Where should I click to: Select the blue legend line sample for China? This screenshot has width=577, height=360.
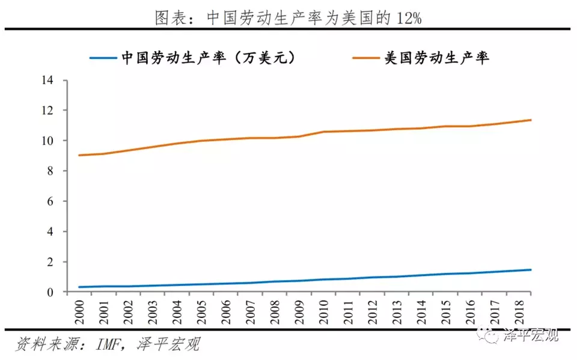coord(103,58)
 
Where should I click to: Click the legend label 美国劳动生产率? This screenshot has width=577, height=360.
coord(437,58)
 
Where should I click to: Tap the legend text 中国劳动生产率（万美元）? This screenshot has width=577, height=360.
coord(206,58)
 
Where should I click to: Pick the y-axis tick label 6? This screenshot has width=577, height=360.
coord(50,201)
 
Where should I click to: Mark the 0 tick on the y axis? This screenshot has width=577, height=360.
coord(50,292)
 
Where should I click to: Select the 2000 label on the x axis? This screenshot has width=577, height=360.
coord(79,310)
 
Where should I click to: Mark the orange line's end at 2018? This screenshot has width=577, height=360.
coord(531,120)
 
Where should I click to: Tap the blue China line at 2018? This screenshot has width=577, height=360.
coord(531,270)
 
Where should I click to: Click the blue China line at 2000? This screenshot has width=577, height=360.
coord(79,287)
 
